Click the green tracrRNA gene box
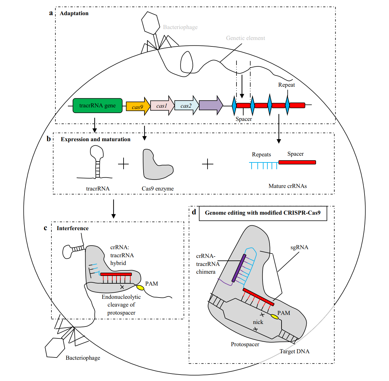pyautogui.click(x=97, y=105)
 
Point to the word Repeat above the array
pyautogui.click(x=286, y=85)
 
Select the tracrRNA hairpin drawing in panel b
pyautogui.click(x=97, y=163)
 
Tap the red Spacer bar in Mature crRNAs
pyautogui.click(x=297, y=162)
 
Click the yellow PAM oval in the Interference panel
pyautogui.click(x=140, y=288)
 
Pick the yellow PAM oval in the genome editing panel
pyautogui.click(x=274, y=317)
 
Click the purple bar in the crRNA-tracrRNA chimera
pyautogui.click(x=239, y=268)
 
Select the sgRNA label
pyautogui.click(x=299, y=247)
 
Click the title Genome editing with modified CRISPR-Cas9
pyautogui.click(x=263, y=213)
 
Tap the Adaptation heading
pyautogui.click(x=74, y=13)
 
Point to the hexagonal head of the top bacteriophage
pyautogui.click(x=151, y=23)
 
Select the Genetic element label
pyautogui.click(x=245, y=38)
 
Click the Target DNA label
pyautogui.click(x=294, y=351)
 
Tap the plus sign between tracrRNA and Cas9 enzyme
pyautogui.click(x=123, y=164)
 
